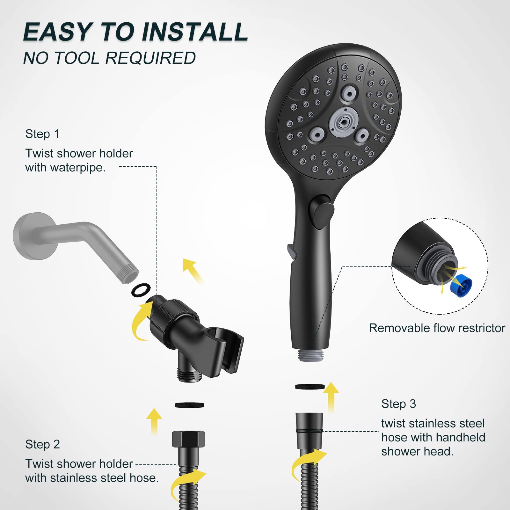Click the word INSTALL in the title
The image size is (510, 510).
[195, 32]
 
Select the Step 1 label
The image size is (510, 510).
[42, 134]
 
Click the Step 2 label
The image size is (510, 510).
[43, 444]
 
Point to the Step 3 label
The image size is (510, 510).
[398, 404]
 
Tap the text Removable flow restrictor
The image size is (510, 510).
[437, 328]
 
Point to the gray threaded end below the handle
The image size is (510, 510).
[310, 355]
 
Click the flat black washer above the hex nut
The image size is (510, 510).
[189, 405]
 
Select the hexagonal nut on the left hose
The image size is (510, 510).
[188, 439]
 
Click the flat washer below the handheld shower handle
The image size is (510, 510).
[310, 387]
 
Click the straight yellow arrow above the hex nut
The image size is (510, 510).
[155, 420]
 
